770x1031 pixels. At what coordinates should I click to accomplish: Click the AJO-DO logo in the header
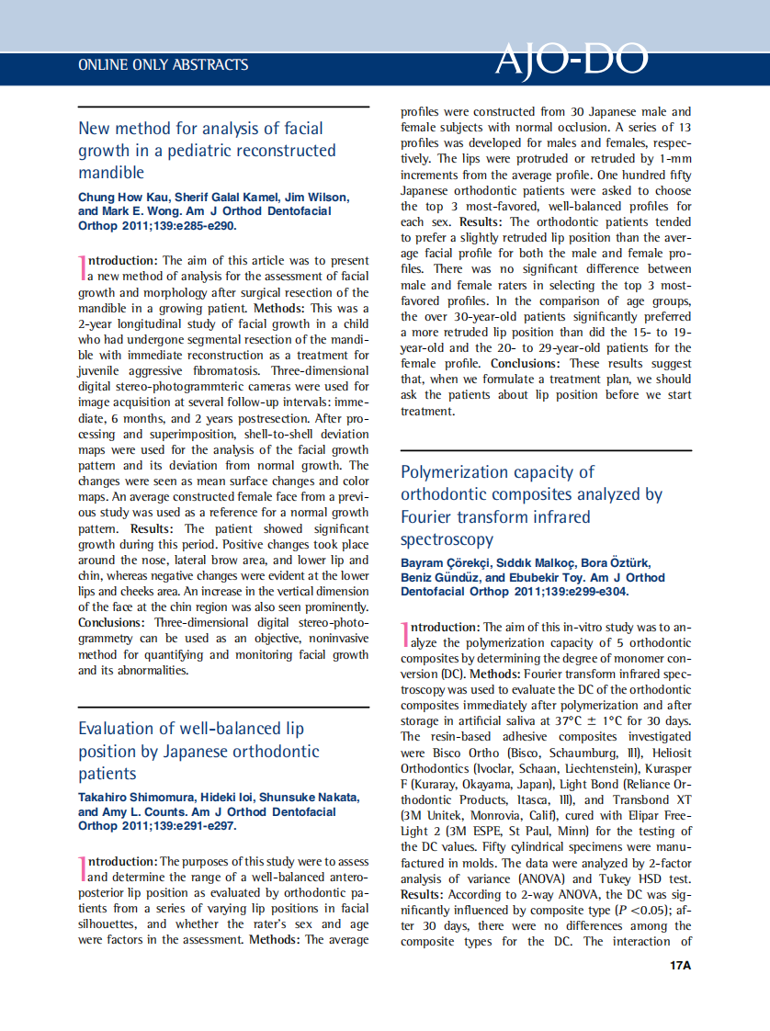[x=571, y=61]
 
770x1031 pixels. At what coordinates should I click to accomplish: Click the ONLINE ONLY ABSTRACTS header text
[x=164, y=65]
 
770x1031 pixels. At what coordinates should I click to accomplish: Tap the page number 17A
[x=680, y=965]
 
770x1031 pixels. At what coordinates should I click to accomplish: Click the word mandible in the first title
[x=111, y=173]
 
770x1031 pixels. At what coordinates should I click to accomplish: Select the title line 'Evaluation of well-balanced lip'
[x=191, y=729]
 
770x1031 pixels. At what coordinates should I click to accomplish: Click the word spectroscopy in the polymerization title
[x=447, y=539]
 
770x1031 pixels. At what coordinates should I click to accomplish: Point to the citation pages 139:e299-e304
[x=585, y=592]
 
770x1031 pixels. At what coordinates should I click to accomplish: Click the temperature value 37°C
[x=568, y=720]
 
